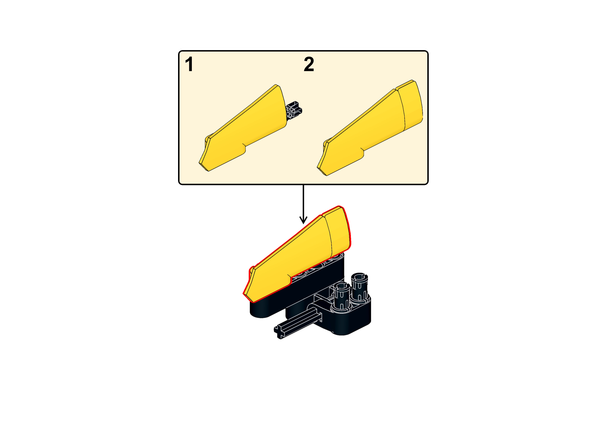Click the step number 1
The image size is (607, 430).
(189, 65)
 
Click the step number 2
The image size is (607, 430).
(309, 64)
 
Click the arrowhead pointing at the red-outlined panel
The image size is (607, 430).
(303, 220)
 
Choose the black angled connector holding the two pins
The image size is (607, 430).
(352, 318)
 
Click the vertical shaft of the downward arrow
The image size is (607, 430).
(303, 201)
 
